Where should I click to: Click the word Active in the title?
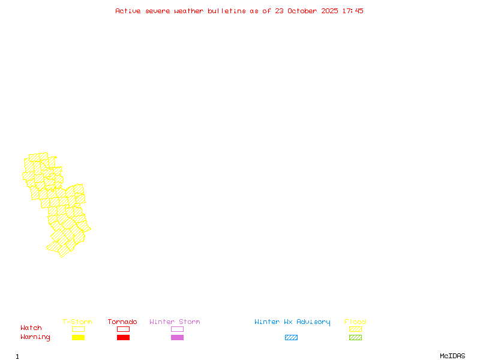tap(128, 11)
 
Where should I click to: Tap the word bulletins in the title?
tap(227, 11)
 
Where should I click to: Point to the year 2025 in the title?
tap(329, 11)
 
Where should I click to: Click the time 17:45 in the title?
tap(353, 11)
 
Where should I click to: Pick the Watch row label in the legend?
tap(31, 328)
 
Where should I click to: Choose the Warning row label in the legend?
tap(35, 337)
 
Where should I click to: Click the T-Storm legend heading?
tap(77, 322)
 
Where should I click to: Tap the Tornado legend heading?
tap(122, 322)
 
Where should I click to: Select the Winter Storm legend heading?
tap(175, 322)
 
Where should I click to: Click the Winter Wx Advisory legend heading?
tap(292, 322)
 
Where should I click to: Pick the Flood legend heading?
tap(355, 322)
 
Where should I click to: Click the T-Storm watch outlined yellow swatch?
tap(78, 329)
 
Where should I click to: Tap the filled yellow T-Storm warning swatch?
tap(78, 338)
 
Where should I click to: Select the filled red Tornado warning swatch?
tap(123, 338)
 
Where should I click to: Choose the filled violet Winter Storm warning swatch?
tap(177, 338)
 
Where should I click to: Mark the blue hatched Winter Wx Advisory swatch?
tap(291, 338)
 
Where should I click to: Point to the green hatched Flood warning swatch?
tap(355, 338)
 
